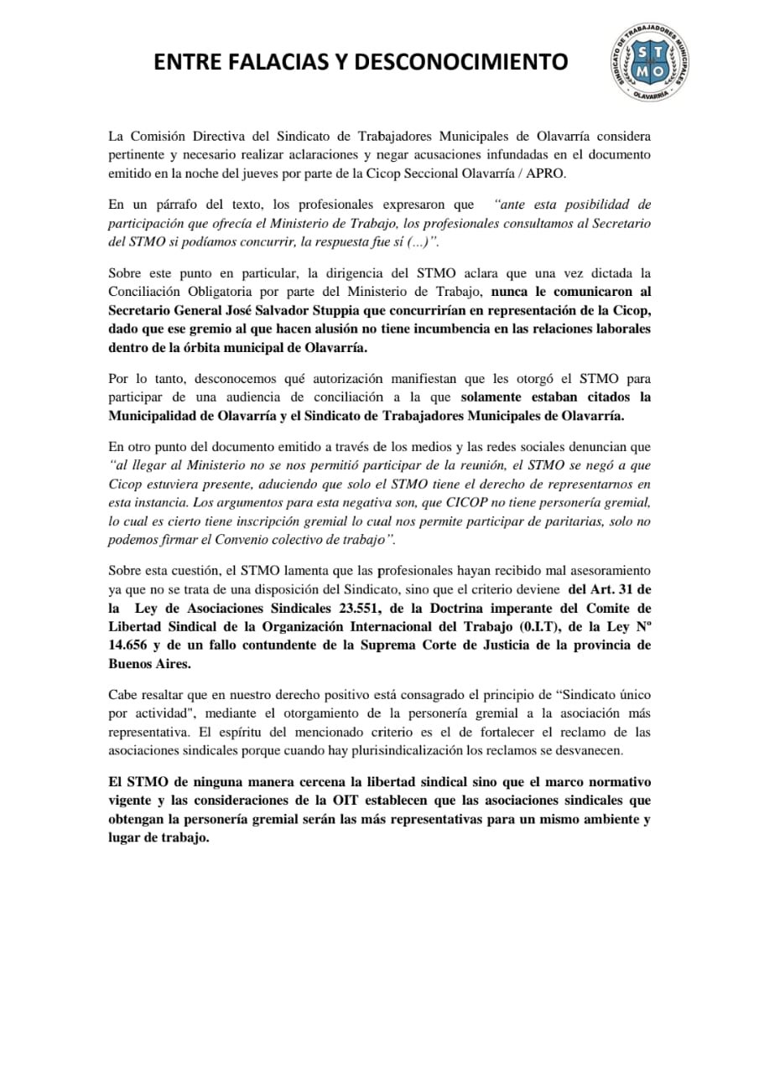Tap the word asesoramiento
[x=609, y=572]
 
